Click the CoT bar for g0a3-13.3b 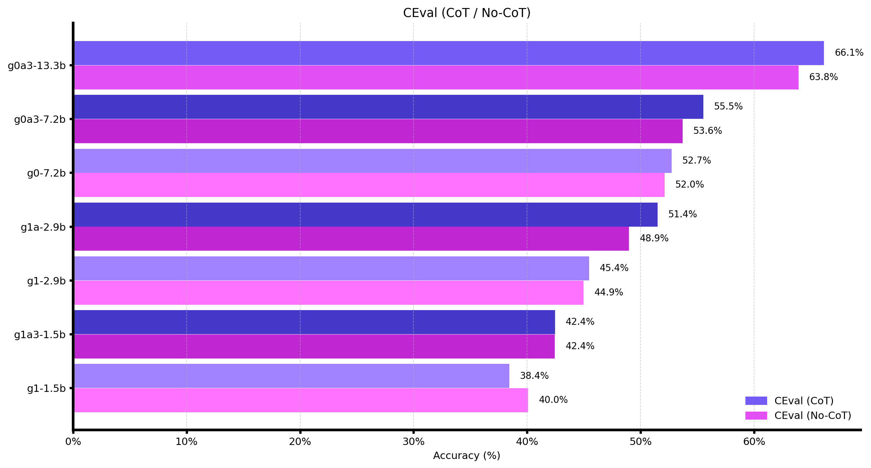[x=449, y=53]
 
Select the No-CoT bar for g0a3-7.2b [x=378, y=131]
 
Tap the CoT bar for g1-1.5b [x=292, y=376]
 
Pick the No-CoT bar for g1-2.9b [x=329, y=293]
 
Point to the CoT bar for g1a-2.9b [x=365, y=215]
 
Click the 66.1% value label [x=849, y=53]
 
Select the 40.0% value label [x=553, y=400]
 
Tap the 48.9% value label [x=654, y=238]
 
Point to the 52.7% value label [x=696, y=161]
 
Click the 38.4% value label [x=534, y=376]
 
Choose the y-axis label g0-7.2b [x=46, y=173]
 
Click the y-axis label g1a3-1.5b [x=40, y=335]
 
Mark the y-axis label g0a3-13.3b [x=36, y=66]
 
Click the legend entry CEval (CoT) [x=804, y=401]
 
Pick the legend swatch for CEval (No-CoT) [x=756, y=416]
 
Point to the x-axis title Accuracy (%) [x=466, y=456]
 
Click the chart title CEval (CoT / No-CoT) [x=466, y=13]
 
